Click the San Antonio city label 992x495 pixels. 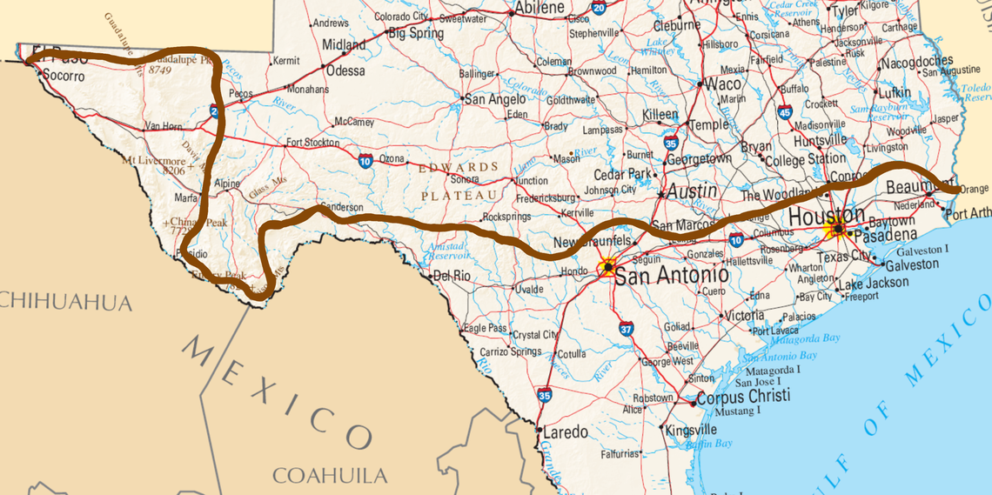click(672, 276)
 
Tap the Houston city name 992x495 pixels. click(827, 215)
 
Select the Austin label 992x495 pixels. click(693, 191)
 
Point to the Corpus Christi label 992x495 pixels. click(743, 396)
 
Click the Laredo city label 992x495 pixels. click(565, 432)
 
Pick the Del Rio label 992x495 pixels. click(452, 277)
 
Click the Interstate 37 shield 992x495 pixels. click(627, 328)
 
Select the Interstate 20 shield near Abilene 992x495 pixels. click(598, 8)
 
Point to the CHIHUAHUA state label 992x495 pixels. click(65, 302)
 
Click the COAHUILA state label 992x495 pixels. click(330, 475)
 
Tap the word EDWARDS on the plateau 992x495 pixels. click(459, 167)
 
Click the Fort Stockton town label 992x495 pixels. click(312, 142)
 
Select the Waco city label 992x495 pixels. click(722, 84)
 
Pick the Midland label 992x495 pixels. click(344, 44)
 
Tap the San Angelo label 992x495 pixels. click(494, 99)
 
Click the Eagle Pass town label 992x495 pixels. click(486, 328)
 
